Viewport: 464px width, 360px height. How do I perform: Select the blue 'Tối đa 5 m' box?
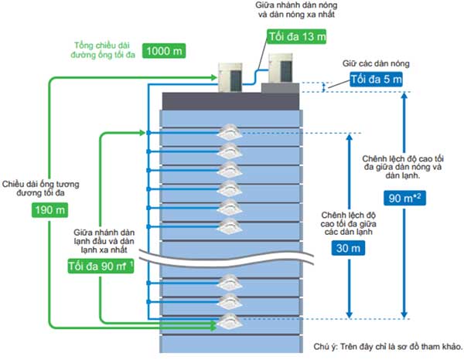(375, 80)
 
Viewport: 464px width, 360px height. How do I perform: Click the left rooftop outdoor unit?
(233, 73)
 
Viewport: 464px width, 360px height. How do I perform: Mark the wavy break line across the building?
(232, 256)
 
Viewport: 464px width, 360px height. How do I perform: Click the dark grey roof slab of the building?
(232, 100)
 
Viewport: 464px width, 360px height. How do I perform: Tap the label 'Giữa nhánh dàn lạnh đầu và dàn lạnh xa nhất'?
(101, 242)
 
